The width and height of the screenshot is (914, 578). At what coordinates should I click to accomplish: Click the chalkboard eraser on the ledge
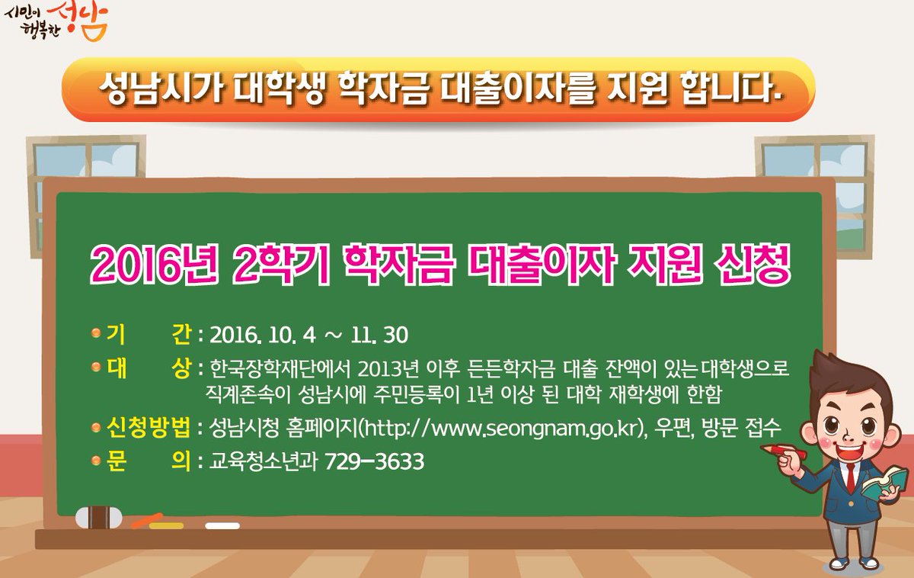coord(99,517)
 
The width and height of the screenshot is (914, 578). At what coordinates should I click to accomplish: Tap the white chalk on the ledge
coord(222,525)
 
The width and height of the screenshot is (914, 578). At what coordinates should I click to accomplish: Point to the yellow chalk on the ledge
coord(167,525)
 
